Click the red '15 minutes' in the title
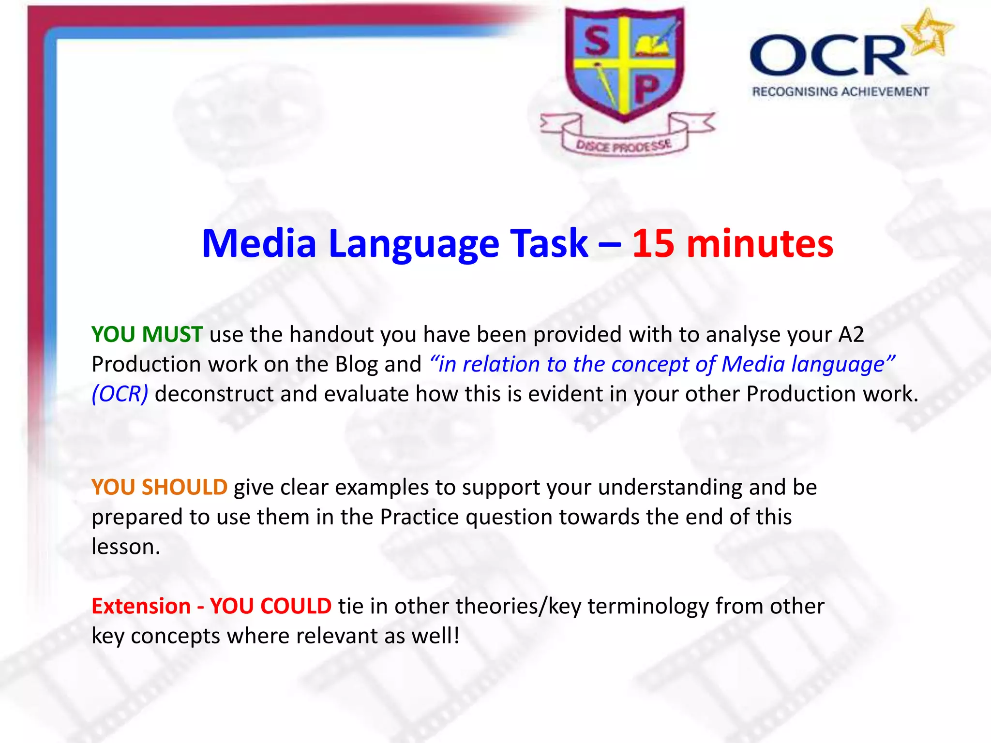733,243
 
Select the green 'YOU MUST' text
147,334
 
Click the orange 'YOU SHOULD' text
159,487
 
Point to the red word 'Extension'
141,606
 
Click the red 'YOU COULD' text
270,606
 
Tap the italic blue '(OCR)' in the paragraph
120,394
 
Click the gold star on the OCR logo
929,33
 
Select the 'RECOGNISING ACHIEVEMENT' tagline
841,91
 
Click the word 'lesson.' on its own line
126,547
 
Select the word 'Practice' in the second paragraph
419,517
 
